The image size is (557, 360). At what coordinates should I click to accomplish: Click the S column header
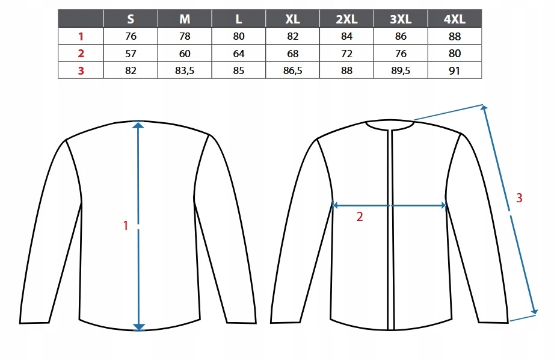click(x=131, y=19)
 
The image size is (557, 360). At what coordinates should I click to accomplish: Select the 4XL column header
click(x=455, y=19)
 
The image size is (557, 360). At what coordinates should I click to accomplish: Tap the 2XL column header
click(x=346, y=19)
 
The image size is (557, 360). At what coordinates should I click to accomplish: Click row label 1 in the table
click(x=81, y=36)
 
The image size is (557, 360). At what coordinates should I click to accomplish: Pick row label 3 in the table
click(x=81, y=70)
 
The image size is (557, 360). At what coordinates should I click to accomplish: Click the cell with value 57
click(x=131, y=54)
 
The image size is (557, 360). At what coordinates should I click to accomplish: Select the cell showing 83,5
click(x=185, y=70)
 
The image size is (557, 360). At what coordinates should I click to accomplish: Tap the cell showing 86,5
click(x=292, y=70)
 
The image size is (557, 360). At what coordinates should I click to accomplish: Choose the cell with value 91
click(x=455, y=70)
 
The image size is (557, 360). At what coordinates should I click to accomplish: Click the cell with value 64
click(x=239, y=54)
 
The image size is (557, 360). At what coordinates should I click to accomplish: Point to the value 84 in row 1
click(x=346, y=36)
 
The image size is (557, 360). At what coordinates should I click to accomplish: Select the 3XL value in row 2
click(x=401, y=54)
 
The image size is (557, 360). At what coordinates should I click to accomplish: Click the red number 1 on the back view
click(x=126, y=226)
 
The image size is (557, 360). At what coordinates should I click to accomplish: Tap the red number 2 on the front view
click(x=360, y=217)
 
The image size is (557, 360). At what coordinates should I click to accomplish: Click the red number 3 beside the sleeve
click(x=519, y=197)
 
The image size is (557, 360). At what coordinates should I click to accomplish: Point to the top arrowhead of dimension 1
click(x=139, y=125)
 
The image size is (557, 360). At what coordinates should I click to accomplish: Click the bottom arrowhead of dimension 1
click(x=139, y=327)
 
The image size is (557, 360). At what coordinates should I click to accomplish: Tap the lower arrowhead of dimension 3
click(x=534, y=311)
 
